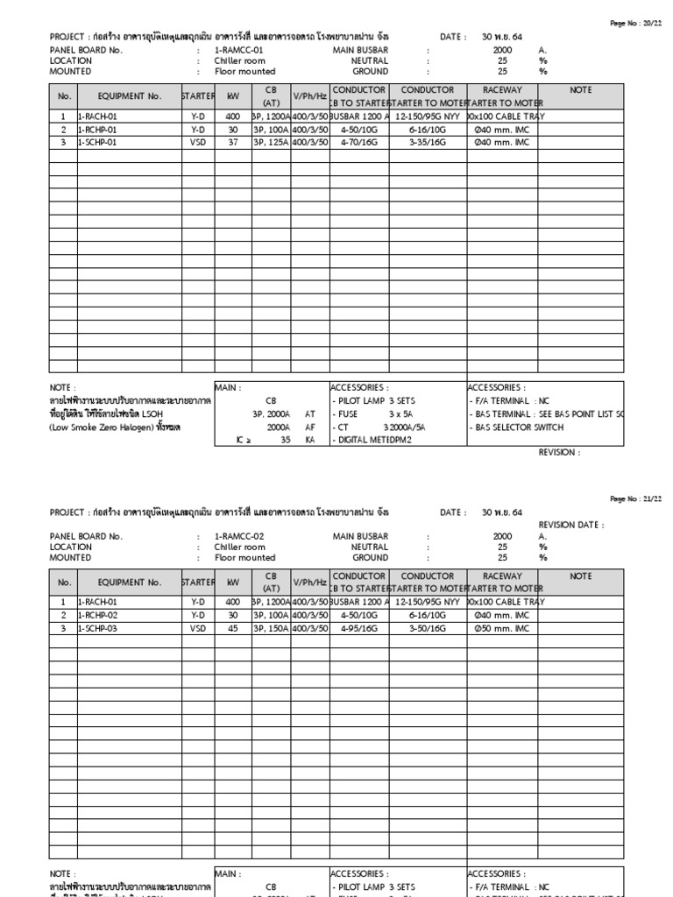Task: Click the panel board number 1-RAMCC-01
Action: click(238, 50)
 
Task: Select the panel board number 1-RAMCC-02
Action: click(238, 536)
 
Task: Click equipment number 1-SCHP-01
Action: click(97, 142)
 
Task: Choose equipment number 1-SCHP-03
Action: click(97, 628)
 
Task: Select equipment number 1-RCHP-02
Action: click(97, 616)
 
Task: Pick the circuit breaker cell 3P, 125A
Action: click(270, 142)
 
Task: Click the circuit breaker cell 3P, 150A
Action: click(270, 628)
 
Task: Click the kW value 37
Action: click(233, 142)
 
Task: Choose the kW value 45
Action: click(233, 628)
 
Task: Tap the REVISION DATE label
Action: click(570, 525)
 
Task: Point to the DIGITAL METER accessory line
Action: click(373, 441)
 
